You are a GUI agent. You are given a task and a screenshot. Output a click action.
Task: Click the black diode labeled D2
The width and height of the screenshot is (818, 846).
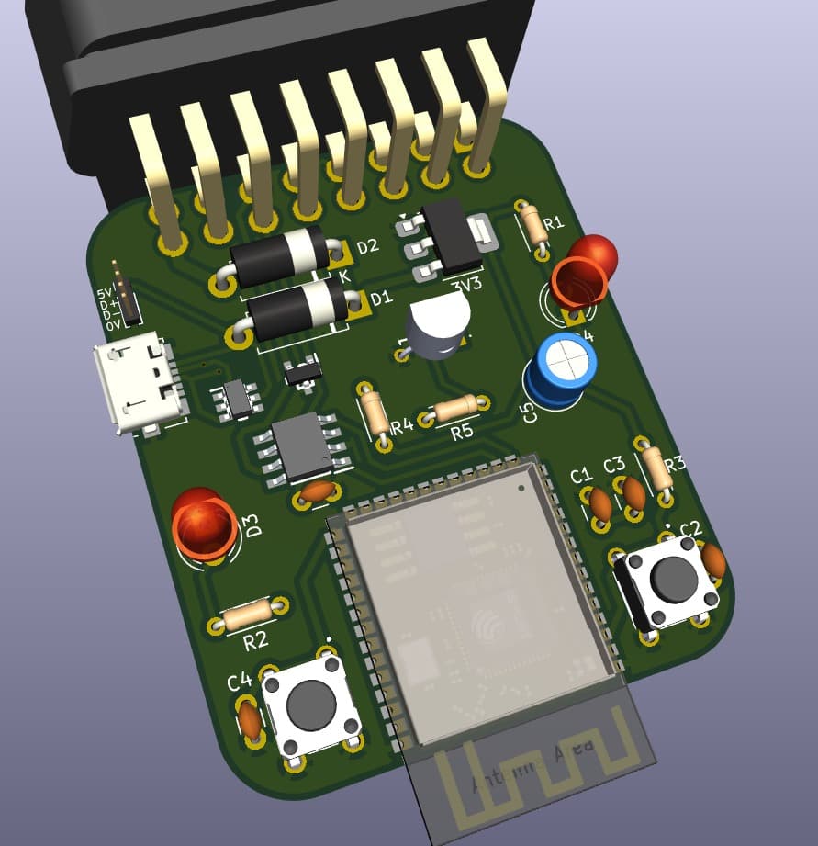point(279,256)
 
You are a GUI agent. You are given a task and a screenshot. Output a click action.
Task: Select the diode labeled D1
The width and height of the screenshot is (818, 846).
point(299,310)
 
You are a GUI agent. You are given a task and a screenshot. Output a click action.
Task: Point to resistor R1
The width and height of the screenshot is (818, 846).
point(532,224)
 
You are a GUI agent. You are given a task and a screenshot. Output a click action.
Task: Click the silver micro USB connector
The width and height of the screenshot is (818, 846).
point(138,387)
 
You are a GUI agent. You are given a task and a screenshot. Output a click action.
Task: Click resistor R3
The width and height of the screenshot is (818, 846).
point(657,469)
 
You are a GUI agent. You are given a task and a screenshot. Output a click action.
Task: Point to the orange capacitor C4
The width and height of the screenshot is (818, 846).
point(249,718)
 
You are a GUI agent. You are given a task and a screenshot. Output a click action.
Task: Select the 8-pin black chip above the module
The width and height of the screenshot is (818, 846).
point(303,446)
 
